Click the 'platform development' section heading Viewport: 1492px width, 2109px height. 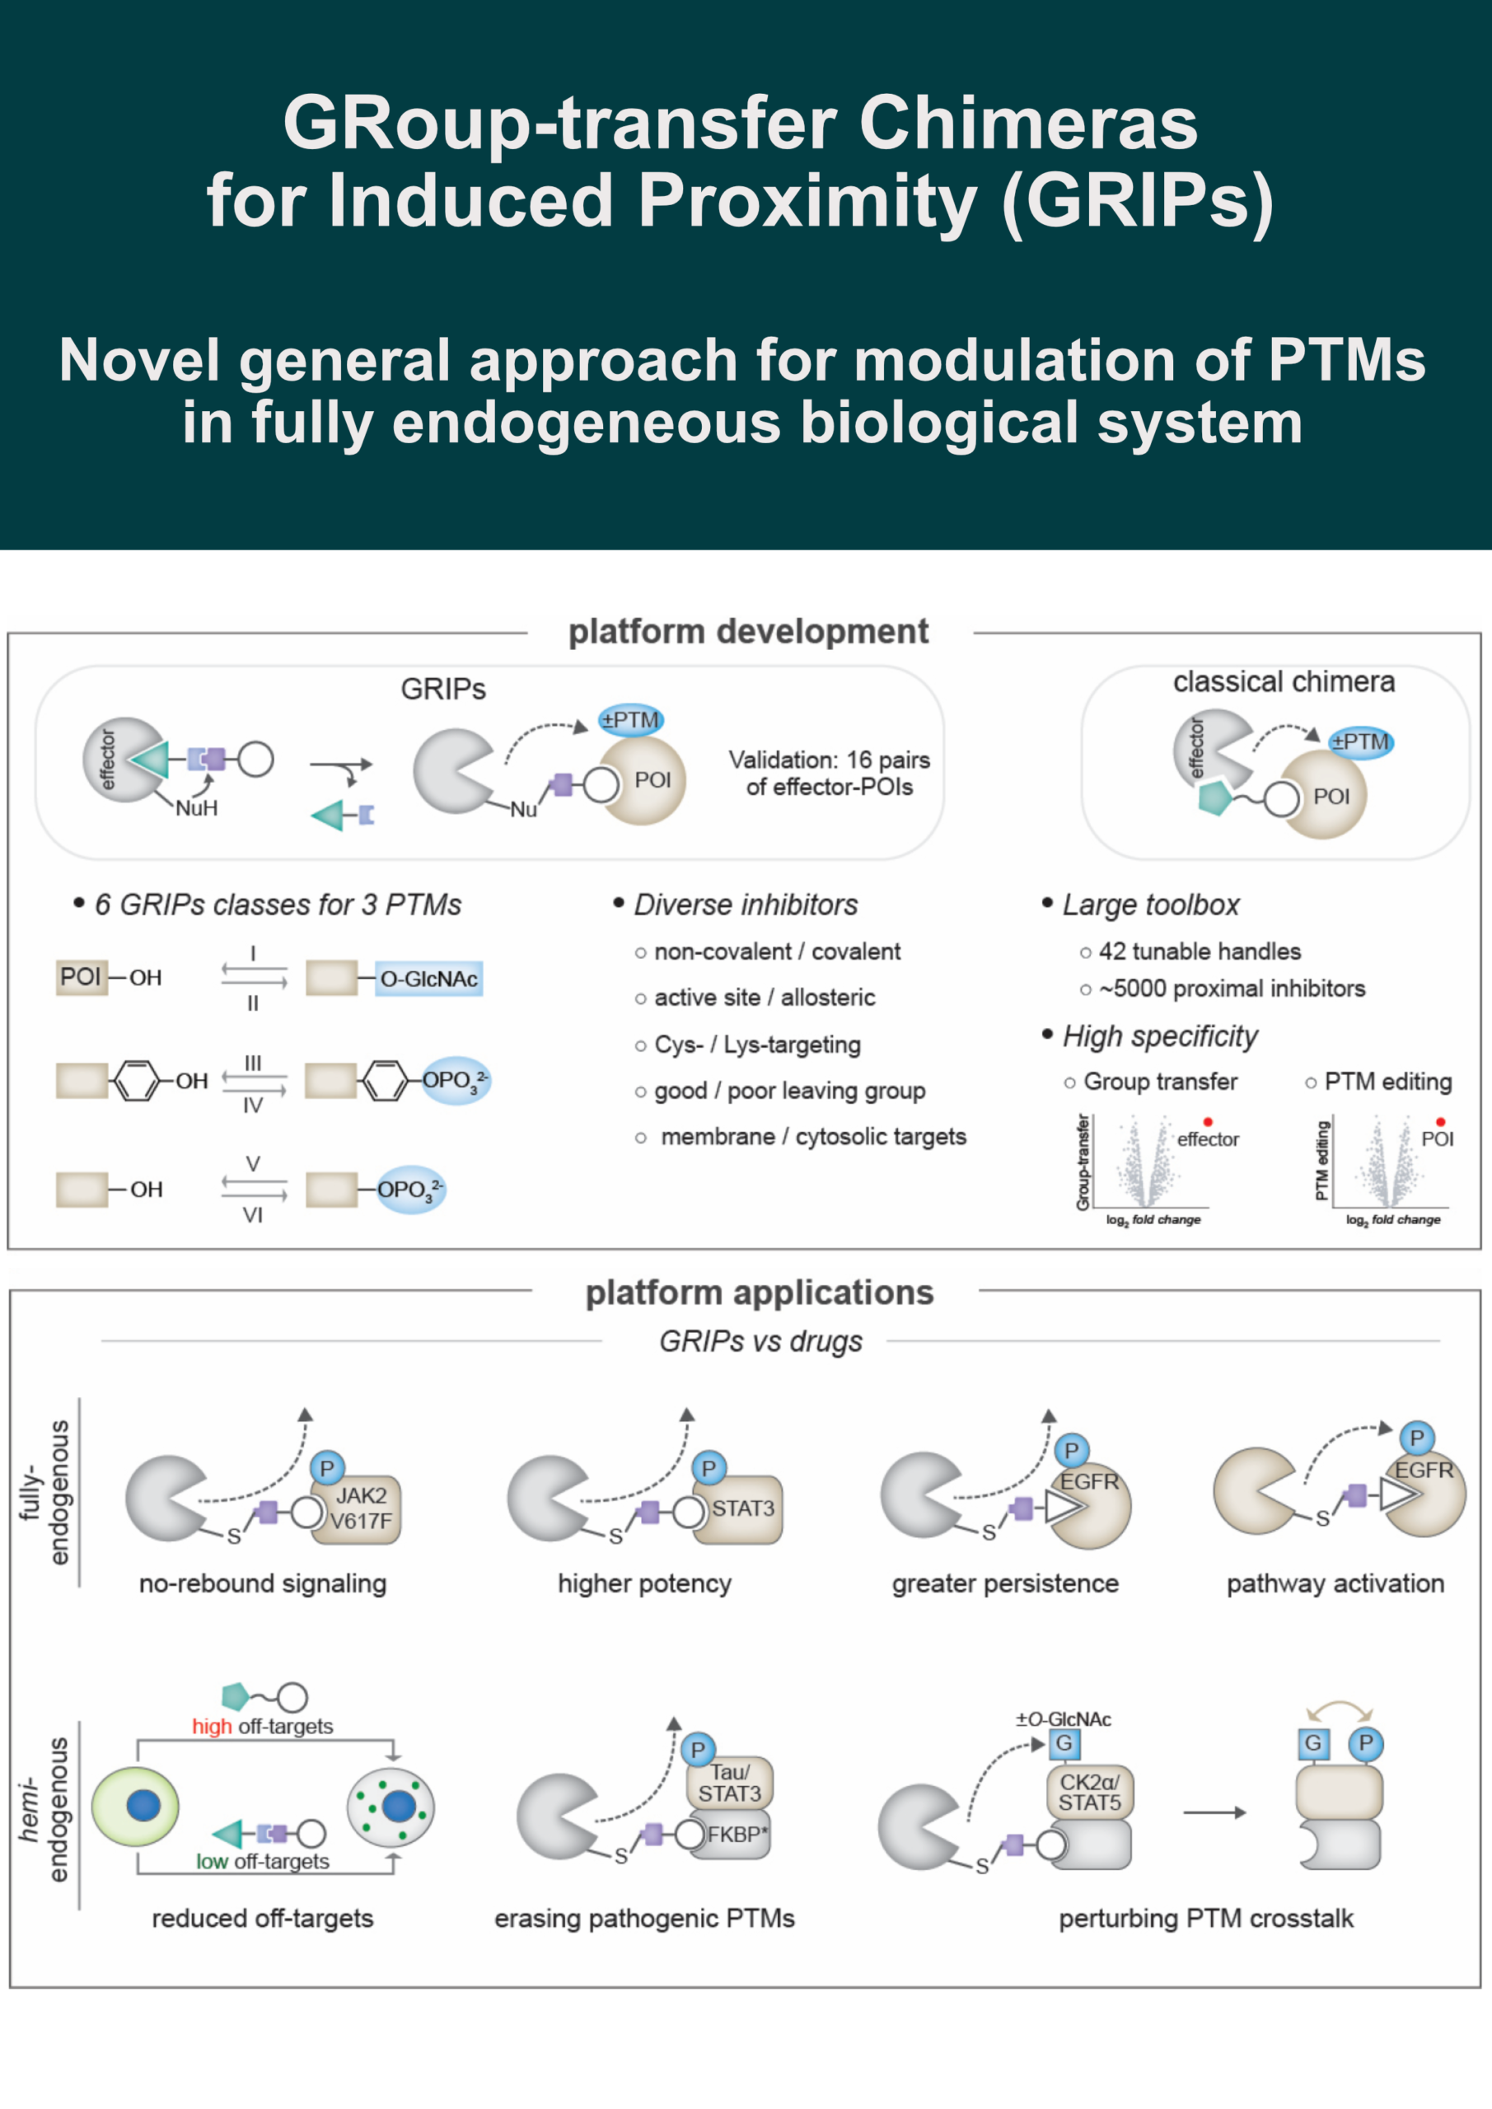point(748,632)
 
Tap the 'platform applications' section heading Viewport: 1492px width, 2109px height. point(759,1293)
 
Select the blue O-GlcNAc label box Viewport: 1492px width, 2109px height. point(429,978)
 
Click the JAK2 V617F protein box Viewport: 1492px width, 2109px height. point(361,1508)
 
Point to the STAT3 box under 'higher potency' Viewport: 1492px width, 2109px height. point(742,1508)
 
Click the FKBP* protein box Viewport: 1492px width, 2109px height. point(736,1835)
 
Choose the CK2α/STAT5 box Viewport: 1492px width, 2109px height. point(1090,1792)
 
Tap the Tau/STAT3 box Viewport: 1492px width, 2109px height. point(729,1782)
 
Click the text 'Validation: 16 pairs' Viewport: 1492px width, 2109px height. point(829,760)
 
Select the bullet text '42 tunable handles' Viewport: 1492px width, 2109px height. point(1199,952)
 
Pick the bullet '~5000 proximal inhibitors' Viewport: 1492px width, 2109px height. point(1231,989)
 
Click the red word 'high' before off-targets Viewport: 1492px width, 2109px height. point(211,1727)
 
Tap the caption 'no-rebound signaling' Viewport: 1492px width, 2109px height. point(263,1583)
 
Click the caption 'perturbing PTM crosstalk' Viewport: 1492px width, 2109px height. point(1205,1919)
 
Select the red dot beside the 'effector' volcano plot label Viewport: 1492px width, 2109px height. point(1207,1121)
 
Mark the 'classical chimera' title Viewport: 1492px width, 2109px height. point(1284,681)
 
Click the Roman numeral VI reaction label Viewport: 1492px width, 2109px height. point(253,1215)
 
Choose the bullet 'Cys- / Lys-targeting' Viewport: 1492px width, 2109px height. point(757,1045)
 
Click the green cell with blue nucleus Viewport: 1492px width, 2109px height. point(135,1806)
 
